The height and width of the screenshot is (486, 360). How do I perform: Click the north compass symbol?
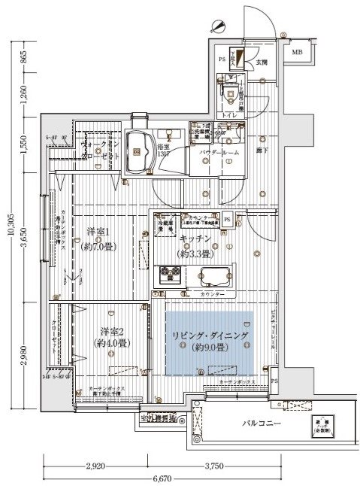pos(219,25)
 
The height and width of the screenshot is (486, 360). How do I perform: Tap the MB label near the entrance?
pos(297,51)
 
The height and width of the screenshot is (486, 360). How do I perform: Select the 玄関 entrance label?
pos(261,62)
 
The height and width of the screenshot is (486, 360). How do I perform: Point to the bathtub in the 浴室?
pos(138,145)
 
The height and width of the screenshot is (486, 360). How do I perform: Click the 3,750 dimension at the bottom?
pos(234,466)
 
